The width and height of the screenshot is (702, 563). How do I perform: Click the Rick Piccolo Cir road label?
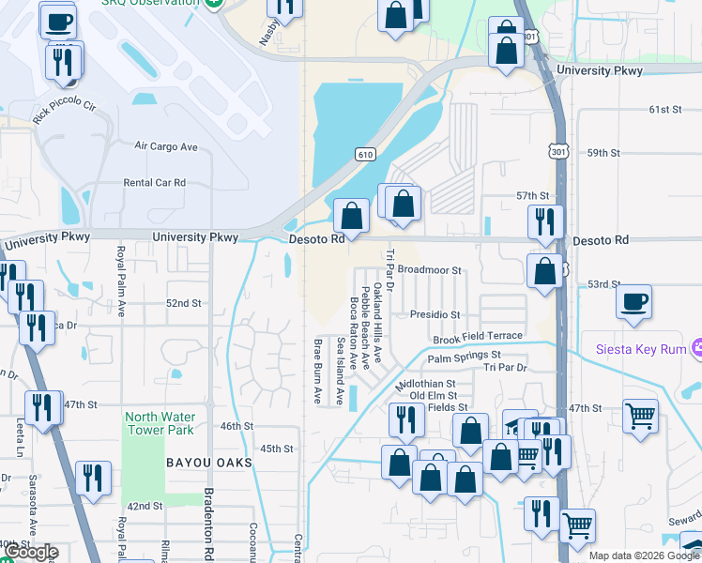(x=65, y=113)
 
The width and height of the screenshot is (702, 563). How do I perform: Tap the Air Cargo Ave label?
(x=166, y=146)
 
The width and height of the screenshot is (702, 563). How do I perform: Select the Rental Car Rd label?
(x=155, y=183)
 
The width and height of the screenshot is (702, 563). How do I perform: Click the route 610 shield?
(x=366, y=154)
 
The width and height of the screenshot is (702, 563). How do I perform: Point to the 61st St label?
(x=664, y=110)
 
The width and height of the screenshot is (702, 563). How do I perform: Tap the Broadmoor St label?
(x=430, y=269)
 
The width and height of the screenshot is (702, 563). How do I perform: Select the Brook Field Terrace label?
(x=477, y=337)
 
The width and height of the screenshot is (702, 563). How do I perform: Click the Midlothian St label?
(x=425, y=384)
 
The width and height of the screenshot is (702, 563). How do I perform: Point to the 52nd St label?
(x=184, y=303)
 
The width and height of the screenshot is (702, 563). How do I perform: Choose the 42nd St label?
(x=145, y=506)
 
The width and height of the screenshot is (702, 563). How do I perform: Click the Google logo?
(x=32, y=553)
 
